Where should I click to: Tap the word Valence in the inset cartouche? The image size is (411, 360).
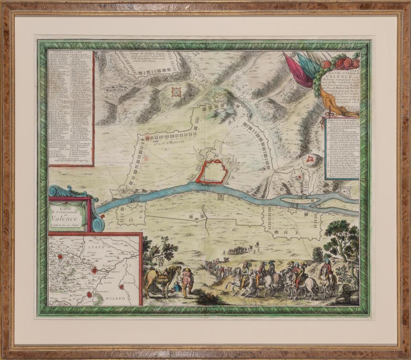67,218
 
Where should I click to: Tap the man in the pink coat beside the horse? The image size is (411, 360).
187,281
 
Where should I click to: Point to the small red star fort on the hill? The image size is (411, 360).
176,92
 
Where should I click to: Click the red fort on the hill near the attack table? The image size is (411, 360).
311,158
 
